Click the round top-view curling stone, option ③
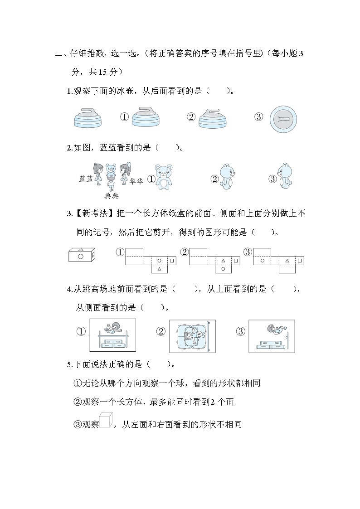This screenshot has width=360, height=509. [x=283, y=119]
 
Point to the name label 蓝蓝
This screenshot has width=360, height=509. [x=86, y=179]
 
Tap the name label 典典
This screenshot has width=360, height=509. [x=112, y=196]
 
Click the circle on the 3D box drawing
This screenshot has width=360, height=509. [x=81, y=257]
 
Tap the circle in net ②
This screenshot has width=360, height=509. [x=223, y=269]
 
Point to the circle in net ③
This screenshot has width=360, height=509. [x=262, y=261]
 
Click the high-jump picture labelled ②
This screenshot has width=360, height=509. [x=192, y=336]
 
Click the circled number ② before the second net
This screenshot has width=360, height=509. [x=184, y=252]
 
